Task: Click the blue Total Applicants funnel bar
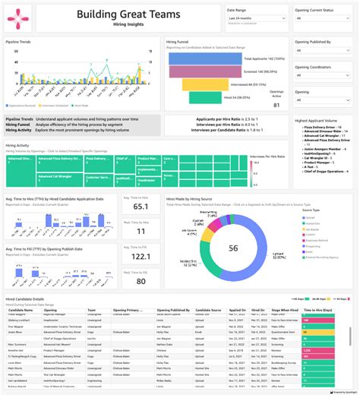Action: click(211, 58)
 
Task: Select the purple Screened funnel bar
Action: click(211, 71)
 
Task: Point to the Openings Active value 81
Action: click(276, 105)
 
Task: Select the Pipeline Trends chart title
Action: click(18, 43)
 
